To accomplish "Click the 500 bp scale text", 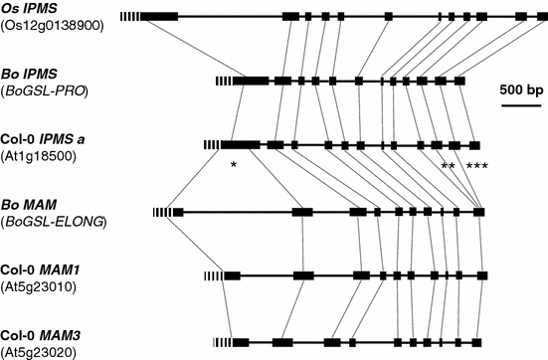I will click(x=520, y=89).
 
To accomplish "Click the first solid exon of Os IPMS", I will click(x=159, y=17).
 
